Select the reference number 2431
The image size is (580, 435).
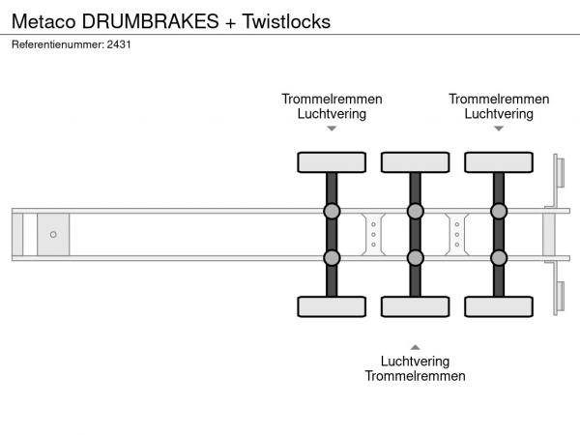(118, 44)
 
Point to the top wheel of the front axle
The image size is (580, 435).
(331, 161)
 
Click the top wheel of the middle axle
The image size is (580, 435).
(415, 161)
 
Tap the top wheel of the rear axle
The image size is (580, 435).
(498, 161)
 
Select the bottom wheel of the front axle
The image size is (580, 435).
(331, 306)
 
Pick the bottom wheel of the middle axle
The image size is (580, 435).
(415, 306)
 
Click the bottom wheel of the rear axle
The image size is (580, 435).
(498, 306)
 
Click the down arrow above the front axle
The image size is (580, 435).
(332, 129)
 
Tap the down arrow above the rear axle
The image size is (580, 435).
(499, 129)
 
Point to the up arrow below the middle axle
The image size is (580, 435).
(415, 346)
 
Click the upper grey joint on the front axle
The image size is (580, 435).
(332, 211)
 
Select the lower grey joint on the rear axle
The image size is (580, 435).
(499, 257)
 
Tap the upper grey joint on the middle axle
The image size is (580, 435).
(415, 211)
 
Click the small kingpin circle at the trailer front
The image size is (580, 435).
(53, 234)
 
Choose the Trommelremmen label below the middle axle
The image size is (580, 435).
(415, 376)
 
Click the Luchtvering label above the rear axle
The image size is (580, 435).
(499, 113)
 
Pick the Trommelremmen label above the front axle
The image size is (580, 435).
(332, 99)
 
